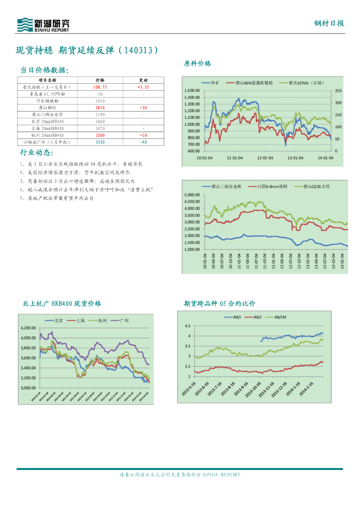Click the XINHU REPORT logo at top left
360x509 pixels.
43,25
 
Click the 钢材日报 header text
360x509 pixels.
329,24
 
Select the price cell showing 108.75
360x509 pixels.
100,87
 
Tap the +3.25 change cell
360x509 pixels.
143,87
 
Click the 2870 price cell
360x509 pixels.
100,108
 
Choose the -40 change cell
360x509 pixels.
143,141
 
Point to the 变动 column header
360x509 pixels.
143,80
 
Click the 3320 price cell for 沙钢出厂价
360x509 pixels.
100,141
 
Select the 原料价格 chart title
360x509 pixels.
197,64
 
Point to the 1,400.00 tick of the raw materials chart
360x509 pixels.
192,97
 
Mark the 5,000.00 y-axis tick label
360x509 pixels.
192,195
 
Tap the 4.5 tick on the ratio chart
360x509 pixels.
187,326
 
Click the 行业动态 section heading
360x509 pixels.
36,153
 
